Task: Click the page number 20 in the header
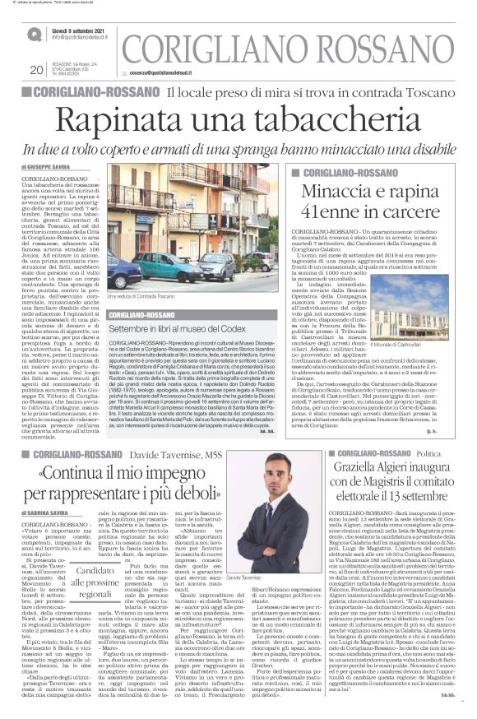tap(35, 69)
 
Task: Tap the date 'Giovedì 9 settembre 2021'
tap(81, 30)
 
